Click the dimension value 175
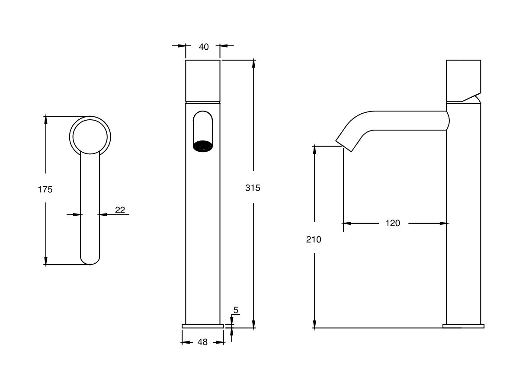click(45, 189)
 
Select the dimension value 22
click(120, 210)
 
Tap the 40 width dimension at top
click(203, 47)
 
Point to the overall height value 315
click(253, 188)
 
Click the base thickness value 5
click(236, 310)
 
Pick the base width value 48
click(202, 342)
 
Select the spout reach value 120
click(393, 223)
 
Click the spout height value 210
click(314, 239)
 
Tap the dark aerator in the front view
click(202, 146)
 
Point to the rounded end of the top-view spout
click(90, 259)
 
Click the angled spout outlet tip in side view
click(345, 145)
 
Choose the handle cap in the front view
click(203, 80)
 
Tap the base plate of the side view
click(463, 326)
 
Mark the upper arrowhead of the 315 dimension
click(254, 63)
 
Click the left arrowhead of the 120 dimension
click(346, 223)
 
